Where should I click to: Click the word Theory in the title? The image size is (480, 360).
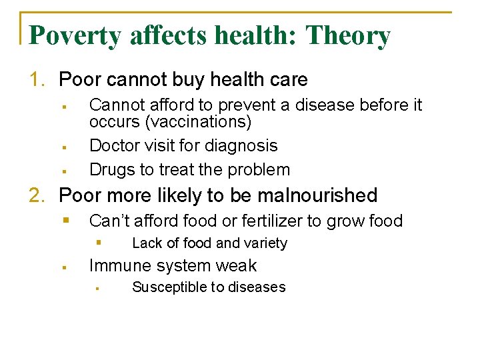tap(347, 35)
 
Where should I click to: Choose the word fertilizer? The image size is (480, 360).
tap(249, 221)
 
